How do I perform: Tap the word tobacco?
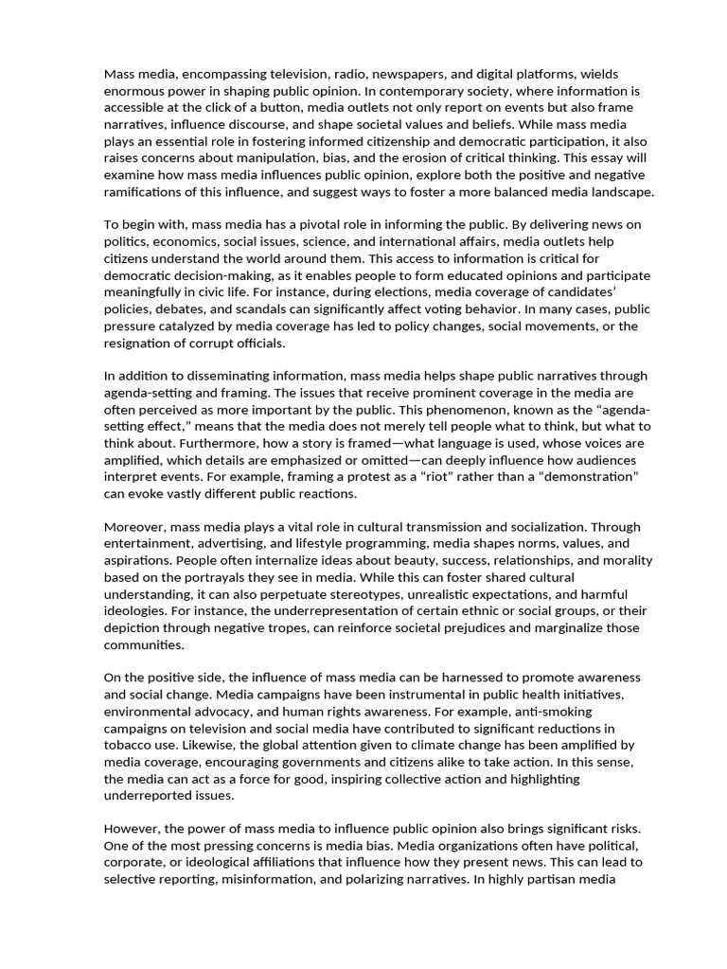pyautogui.click(x=130, y=746)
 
